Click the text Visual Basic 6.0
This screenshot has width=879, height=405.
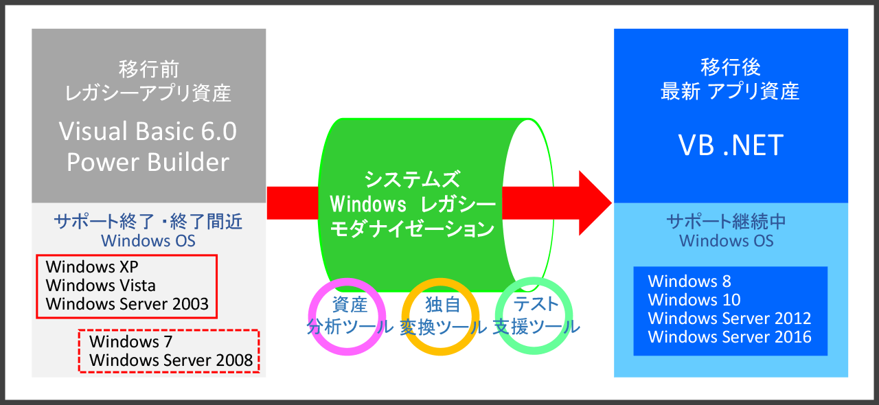pyautogui.click(x=148, y=131)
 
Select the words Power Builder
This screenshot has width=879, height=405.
pyautogui.click(x=148, y=162)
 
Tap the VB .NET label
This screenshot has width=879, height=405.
pyautogui.click(x=731, y=146)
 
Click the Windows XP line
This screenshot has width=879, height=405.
pyautogui.click(x=92, y=267)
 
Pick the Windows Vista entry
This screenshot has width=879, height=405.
pyautogui.click(x=100, y=286)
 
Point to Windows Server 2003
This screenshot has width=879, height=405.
pyautogui.click(x=127, y=304)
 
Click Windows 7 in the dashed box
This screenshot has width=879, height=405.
pyautogui.click(x=130, y=341)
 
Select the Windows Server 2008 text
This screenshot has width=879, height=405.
pyautogui.click(x=171, y=360)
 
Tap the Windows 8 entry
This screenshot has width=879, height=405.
pyautogui.click(x=689, y=281)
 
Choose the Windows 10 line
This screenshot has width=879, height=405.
pyautogui.click(x=694, y=300)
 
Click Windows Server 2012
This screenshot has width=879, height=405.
pyautogui.click(x=729, y=319)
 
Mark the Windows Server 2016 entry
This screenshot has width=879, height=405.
pyautogui.click(x=729, y=337)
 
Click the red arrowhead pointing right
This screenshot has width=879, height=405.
pyautogui.click(x=595, y=203)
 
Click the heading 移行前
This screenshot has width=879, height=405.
pyautogui.click(x=149, y=69)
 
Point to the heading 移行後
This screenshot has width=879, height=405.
pyautogui.click(x=731, y=67)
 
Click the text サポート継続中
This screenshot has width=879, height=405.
pyautogui.click(x=727, y=222)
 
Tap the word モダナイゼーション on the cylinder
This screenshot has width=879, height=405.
pyautogui.click(x=412, y=229)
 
